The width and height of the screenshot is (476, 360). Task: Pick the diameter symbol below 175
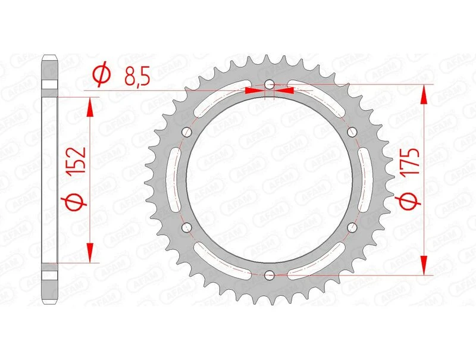[x=406, y=204]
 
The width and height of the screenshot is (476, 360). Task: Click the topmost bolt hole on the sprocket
[x=269, y=84]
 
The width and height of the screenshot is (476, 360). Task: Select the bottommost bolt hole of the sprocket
[x=269, y=274]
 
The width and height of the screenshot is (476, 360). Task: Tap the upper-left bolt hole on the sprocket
[x=187, y=132]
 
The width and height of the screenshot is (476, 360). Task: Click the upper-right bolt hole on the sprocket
[x=351, y=132]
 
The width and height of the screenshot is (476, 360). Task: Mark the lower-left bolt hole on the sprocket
[x=187, y=227]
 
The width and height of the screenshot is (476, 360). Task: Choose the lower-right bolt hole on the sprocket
[x=351, y=227]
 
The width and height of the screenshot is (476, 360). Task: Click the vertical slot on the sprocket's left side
[x=176, y=179]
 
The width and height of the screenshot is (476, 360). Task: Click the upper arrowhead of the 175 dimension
[x=424, y=93]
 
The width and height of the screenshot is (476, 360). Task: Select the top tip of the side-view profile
[x=49, y=57]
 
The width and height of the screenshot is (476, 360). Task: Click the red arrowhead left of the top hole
[x=253, y=91]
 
